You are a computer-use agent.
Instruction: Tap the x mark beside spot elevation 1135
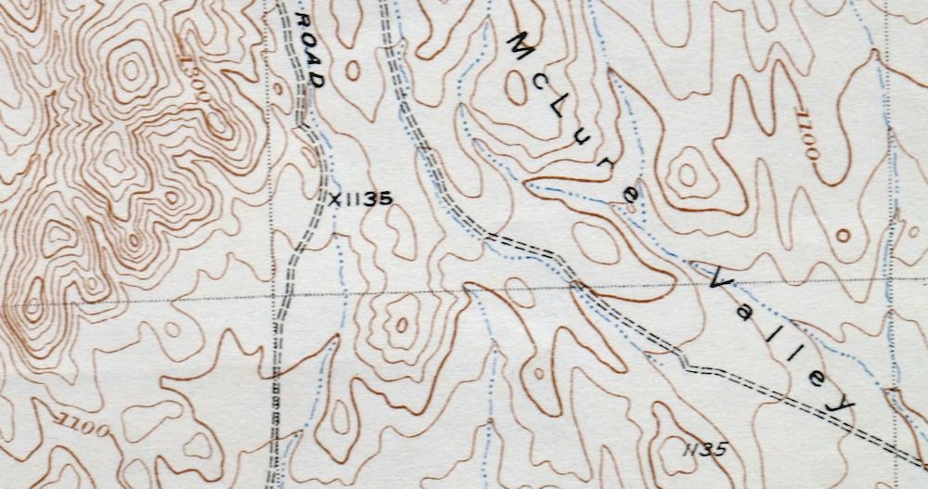(336, 198)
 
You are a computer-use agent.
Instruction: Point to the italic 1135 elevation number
(703, 449)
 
